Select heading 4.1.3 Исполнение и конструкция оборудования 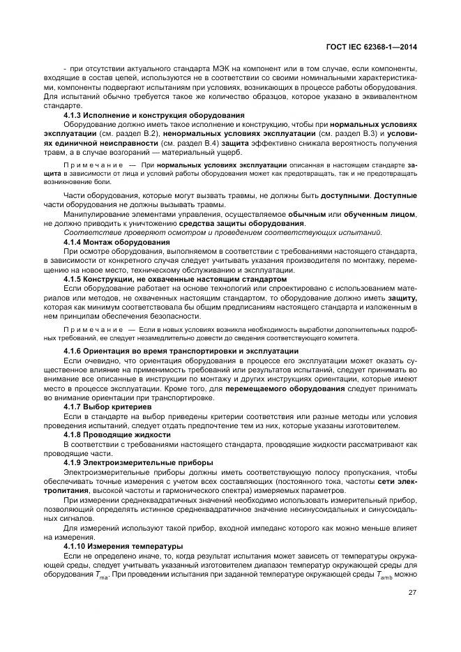[153, 114]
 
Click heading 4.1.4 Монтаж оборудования [116, 241]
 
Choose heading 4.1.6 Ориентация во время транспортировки [181, 350]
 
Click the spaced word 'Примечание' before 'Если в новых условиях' [89, 328]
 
